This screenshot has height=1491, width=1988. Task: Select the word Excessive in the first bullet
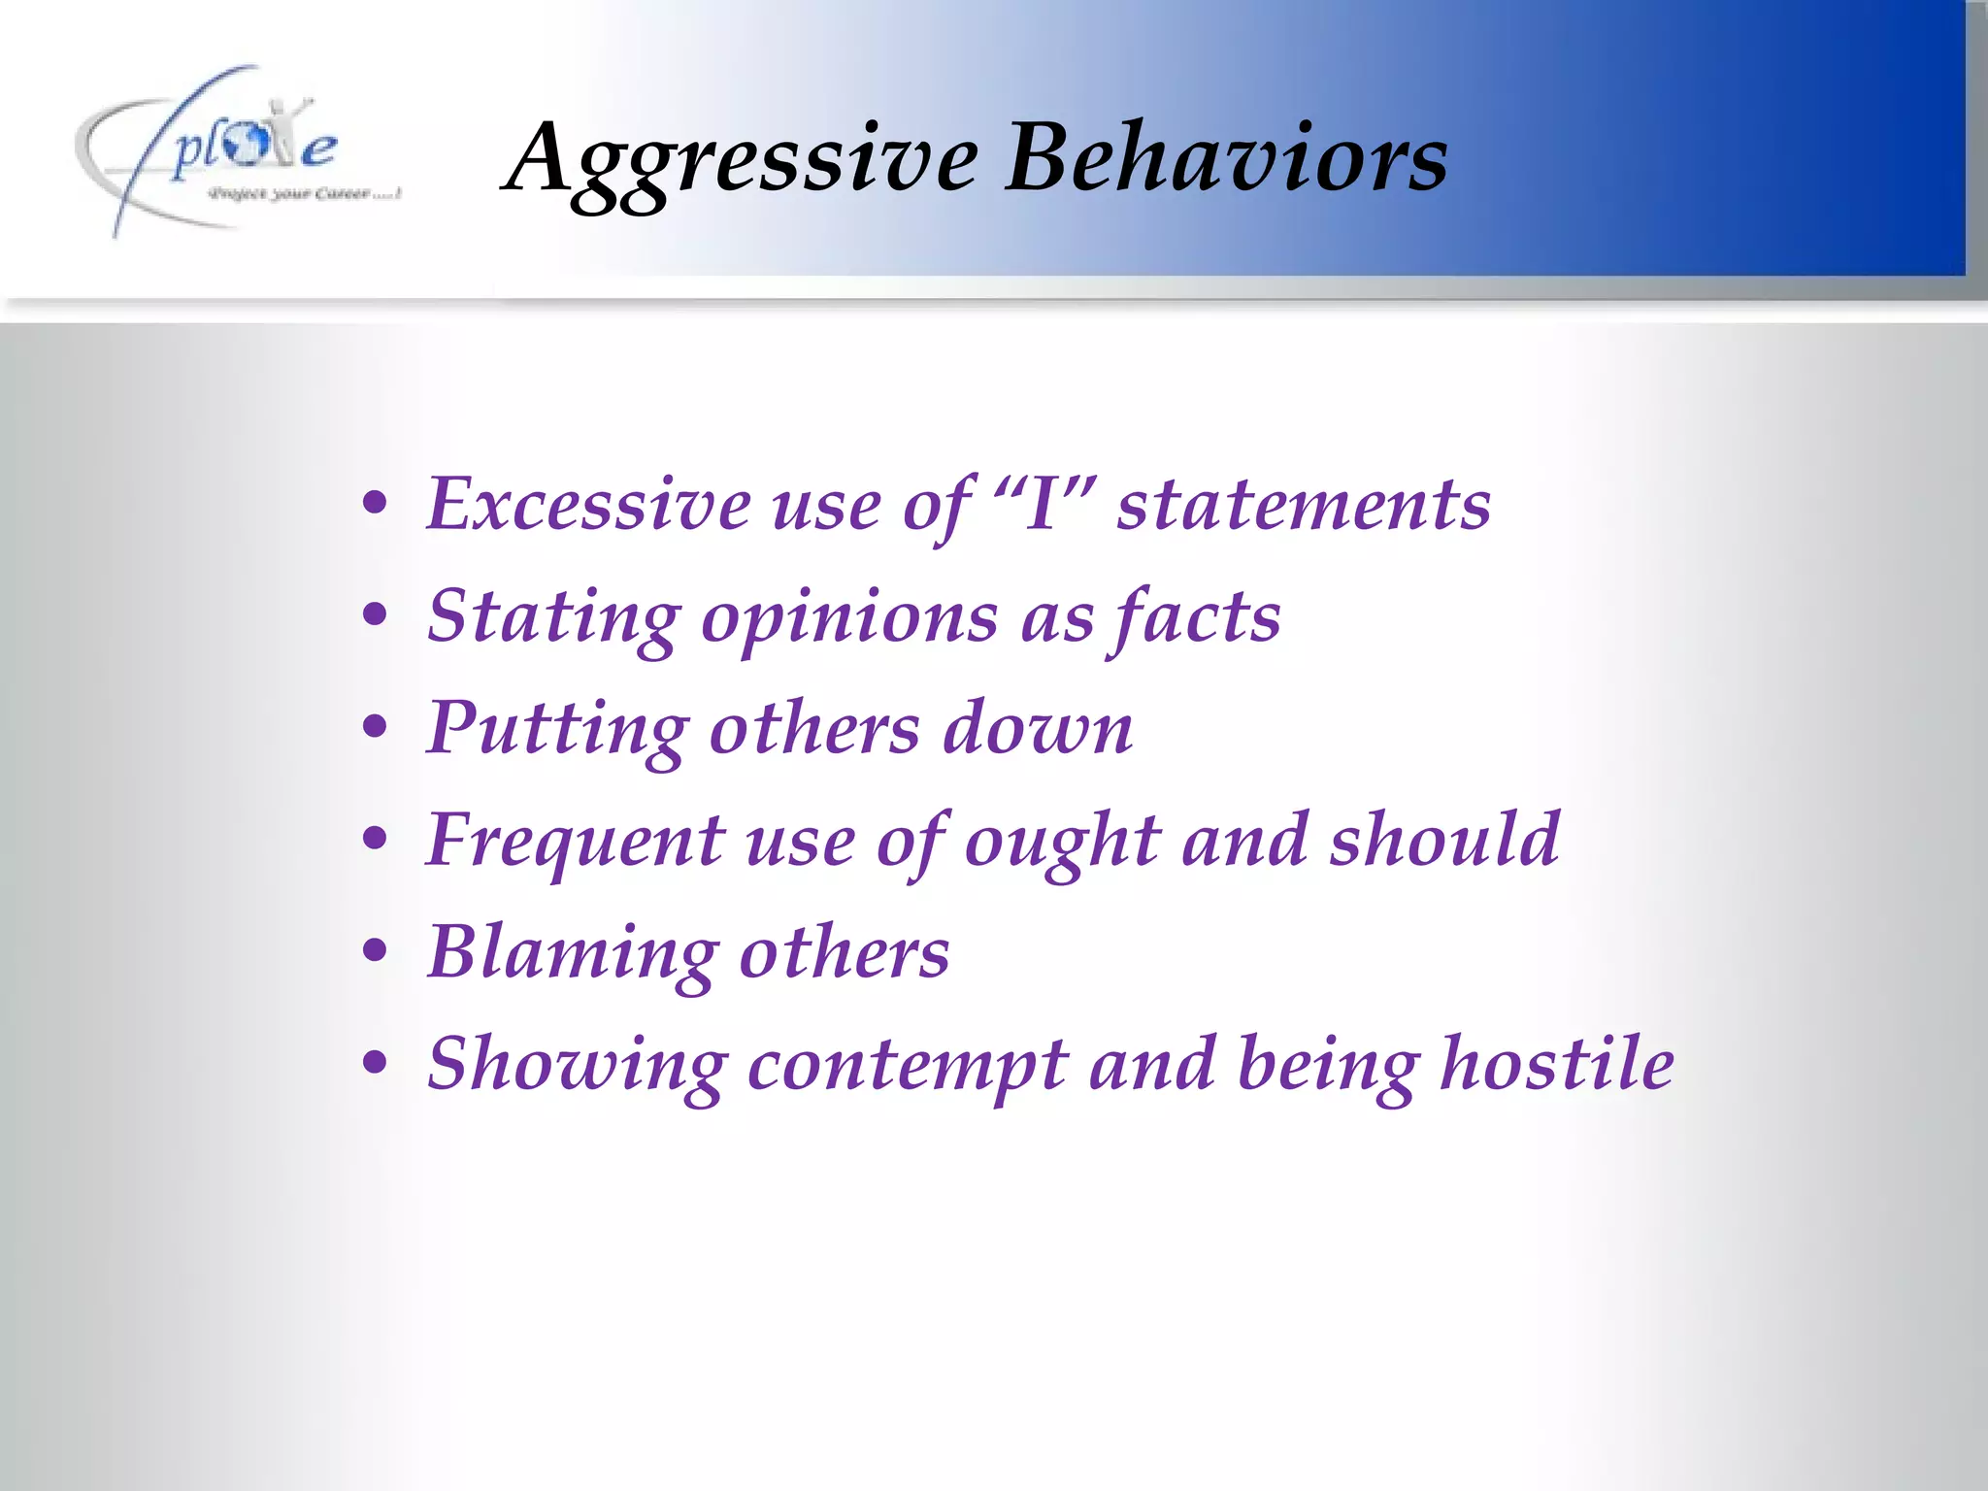point(588,505)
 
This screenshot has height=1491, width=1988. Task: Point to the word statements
point(1303,505)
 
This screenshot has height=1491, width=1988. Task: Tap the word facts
point(1197,616)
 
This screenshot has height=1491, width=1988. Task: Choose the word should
point(1444,840)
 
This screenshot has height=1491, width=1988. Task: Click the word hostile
point(1557,1064)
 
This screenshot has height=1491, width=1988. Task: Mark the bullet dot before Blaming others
point(375,952)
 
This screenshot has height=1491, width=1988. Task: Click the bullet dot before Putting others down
point(375,728)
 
